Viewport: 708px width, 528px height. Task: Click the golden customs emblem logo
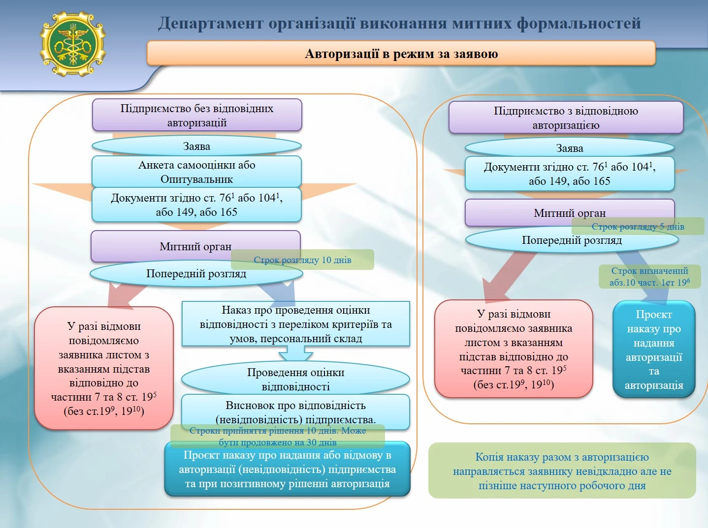72,44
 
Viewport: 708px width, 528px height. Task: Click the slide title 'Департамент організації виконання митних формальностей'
399,23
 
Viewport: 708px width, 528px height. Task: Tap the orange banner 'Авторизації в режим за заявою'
401,54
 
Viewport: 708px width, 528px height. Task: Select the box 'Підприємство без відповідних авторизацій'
196,116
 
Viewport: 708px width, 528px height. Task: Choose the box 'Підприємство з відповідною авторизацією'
566,118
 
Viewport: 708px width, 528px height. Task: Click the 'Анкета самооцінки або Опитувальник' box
196,172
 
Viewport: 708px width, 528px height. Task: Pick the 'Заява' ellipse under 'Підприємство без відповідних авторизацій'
196,147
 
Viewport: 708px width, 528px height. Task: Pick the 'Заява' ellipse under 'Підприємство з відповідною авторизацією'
569,148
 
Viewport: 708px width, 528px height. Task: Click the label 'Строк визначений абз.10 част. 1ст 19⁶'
649,277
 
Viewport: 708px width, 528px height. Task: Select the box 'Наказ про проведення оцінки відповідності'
295,324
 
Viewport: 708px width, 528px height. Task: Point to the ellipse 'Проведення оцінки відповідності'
295,379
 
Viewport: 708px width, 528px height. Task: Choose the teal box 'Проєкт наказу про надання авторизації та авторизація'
653,350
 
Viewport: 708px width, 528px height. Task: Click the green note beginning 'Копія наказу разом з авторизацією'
562,471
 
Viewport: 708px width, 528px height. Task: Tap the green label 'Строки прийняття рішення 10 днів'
277,436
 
